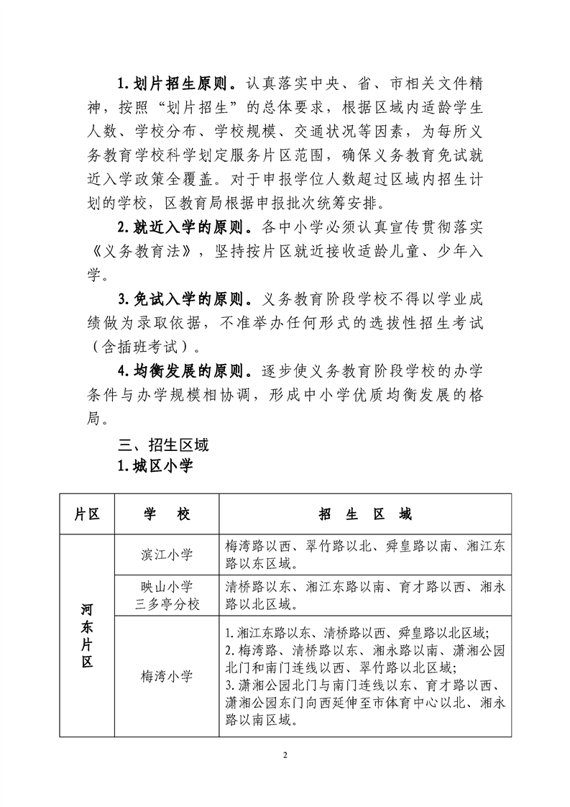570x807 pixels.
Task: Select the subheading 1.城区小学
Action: point(156,467)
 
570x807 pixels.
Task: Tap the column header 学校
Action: point(166,515)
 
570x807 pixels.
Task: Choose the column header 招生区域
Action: point(365,515)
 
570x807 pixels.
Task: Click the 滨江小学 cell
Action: point(166,554)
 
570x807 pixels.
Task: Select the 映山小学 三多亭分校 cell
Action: point(166,595)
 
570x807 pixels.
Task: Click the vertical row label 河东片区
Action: point(86,636)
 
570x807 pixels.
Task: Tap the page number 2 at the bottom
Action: point(285,755)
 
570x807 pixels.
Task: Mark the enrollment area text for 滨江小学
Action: point(365,554)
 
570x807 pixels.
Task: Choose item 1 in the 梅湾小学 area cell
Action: point(357,633)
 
